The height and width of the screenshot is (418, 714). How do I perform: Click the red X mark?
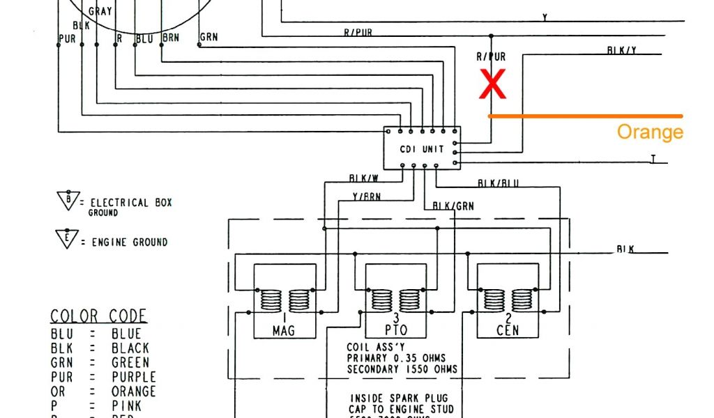click(492, 85)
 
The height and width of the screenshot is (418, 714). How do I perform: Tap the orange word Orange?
click(650, 132)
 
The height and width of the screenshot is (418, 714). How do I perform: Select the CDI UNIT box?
click(422, 148)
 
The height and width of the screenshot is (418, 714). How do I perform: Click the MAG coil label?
click(283, 330)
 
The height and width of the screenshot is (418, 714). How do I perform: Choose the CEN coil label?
click(507, 330)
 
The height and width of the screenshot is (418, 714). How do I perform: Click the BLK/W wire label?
click(363, 178)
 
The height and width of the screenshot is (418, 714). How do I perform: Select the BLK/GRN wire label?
click(453, 206)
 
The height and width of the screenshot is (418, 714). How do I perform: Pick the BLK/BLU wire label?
click(498, 183)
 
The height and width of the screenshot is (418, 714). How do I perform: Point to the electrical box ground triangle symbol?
click(68, 199)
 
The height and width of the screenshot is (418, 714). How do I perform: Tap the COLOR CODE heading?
click(98, 316)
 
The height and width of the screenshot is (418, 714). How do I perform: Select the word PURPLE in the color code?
click(134, 377)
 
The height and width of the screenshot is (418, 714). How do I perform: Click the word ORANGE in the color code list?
click(134, 392)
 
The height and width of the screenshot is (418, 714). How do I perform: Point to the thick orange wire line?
click(586, 116)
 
